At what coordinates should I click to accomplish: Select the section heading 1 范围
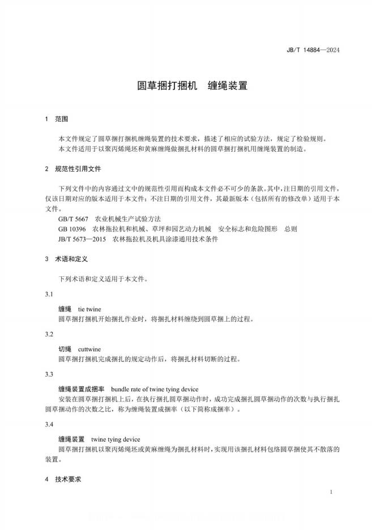tap(56, 119)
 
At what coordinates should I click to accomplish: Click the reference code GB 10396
tap(72, 229)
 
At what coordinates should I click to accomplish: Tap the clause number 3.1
tap(49, 294)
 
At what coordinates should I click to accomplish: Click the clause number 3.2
tap(49, 334)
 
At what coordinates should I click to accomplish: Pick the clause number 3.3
tap(49, 374)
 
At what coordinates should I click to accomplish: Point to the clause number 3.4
tap(49, 424)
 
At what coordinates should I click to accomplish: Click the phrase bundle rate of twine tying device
tap(154, 389)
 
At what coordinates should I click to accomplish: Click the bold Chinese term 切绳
tap(65, 349)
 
